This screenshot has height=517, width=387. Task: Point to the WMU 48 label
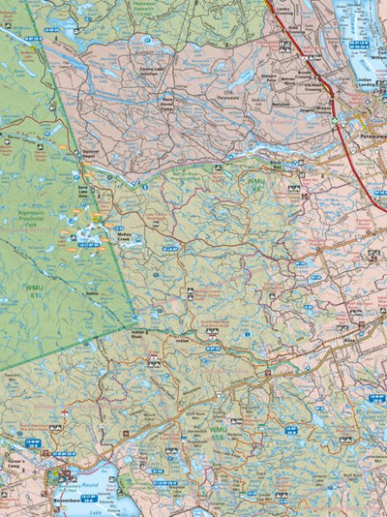[255, 182]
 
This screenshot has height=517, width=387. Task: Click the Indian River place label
[137, 334]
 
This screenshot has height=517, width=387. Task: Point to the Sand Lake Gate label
[82, 192]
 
